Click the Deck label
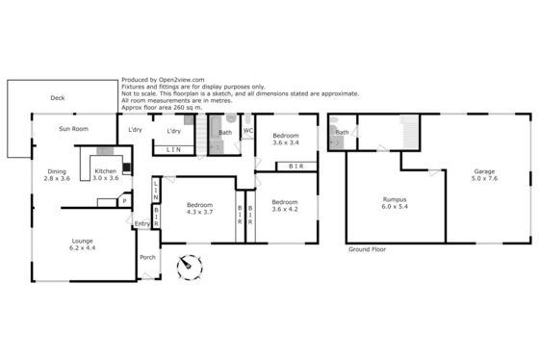click(x=58, y=98)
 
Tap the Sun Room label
click(x=73, y=129)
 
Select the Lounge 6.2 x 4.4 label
click(x=83, y=244)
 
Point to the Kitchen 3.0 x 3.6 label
click(x=106, y=174)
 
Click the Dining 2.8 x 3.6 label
click(x=57, y=174)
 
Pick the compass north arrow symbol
click(x=190, y=268)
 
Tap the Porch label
click(x=148, y=257)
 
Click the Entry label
click(x=142, y=224)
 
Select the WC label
click(x=248, y=131)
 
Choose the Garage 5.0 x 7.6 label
click(x=484, y=174)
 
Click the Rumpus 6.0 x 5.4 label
click(x=395, y=203)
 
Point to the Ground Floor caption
click(x=367, y=249)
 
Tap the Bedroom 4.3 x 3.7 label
click(x=200, y=208)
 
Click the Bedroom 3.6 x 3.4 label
click(x=286, y=139)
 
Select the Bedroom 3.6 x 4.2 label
click(x=285, y=206)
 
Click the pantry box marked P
click(x=124, y=201)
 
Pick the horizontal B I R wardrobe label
click(x=296, y=167)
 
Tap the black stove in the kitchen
click(x=127, y=167)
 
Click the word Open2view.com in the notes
click(x=182, y=80)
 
